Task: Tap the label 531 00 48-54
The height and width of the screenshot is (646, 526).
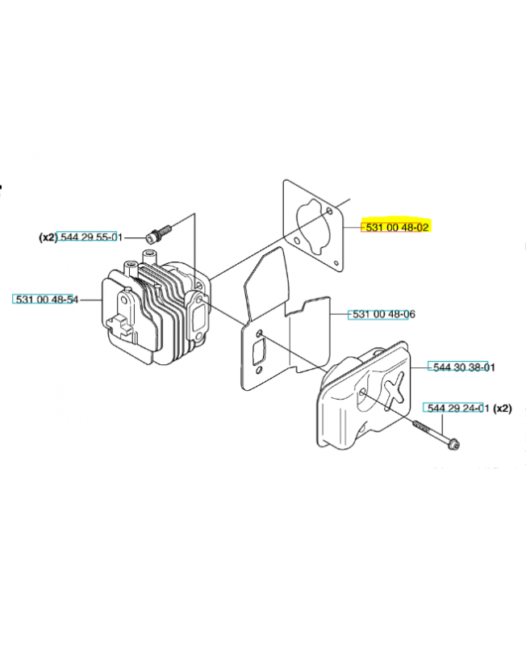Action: click(x=45, y=300)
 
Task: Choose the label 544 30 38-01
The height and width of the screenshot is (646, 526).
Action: click(x=463, y=367)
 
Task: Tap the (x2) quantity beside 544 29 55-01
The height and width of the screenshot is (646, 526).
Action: click(x=47, y=237)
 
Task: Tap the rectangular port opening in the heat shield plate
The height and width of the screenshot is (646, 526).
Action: click(x=263, y=354)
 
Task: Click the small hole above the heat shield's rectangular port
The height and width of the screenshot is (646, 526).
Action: click(x=259, y=333)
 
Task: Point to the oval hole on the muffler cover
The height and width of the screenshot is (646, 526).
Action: click(x=363, y=392)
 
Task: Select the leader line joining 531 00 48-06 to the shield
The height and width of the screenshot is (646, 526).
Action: click(x=340, y=314)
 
